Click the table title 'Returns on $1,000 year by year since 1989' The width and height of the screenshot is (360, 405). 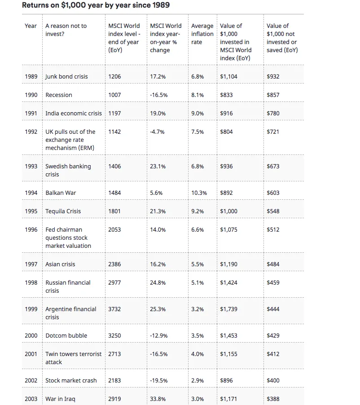[96, 5]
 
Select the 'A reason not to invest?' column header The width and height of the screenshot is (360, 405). [66, 30]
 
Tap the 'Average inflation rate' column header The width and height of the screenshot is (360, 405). [202, 34]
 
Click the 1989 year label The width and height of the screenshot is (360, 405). [31, 76]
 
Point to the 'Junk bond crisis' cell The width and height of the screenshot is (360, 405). [66, 76]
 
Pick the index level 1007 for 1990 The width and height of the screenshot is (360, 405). [114, 95]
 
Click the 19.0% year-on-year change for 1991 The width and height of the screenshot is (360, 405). [158, 113]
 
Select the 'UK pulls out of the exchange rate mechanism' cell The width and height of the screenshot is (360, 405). [70, 140]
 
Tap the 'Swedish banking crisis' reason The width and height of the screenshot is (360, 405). [68, 170]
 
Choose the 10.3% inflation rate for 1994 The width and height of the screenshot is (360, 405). [199, 193]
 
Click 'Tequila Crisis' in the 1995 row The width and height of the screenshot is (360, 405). [63, 211]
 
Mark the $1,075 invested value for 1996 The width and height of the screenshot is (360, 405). [228, 229]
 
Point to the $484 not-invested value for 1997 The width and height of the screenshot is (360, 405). [273, 264]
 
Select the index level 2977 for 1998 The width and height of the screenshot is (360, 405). [114, 282]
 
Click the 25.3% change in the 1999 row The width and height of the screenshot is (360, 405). [158, 309]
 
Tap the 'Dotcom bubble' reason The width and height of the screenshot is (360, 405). [66, 335]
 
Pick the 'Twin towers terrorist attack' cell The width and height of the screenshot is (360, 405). [73, 358]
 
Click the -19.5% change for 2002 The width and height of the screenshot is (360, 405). [158, 380]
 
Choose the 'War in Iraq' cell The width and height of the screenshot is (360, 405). [60, 399]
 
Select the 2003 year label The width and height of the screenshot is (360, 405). [31, 399]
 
